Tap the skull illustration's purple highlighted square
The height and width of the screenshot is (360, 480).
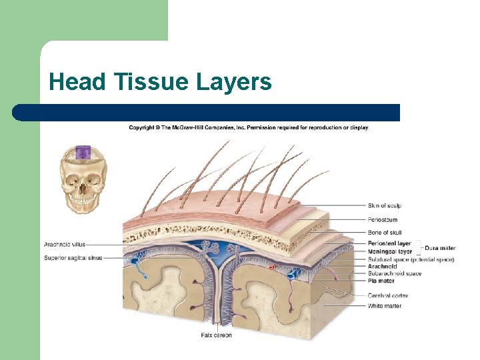(x=83, y=153)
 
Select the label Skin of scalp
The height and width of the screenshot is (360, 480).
(x=384, y=205)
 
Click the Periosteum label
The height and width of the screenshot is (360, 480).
(x=382, y=219)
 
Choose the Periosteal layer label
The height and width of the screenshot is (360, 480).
(x=389, y=244)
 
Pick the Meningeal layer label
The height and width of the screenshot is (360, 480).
(x=389, y=252)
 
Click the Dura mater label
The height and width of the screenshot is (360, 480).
(x=439, y=248)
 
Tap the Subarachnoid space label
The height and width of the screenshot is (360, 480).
(x=395, y=273)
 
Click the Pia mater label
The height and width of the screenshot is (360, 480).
(x=381, y=281)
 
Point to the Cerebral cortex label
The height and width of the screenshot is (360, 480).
(x=387, y=295)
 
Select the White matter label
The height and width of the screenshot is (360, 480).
(x=385, y=306)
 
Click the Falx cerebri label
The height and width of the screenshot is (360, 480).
(x=216, y=335)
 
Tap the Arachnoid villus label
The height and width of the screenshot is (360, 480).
(x=65, y=244)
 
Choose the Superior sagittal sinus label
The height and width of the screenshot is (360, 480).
(x=73, y=257)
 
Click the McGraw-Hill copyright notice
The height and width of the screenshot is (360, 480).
(x=249, y=127)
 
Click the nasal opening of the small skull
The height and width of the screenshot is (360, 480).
(x=83, y=189)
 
